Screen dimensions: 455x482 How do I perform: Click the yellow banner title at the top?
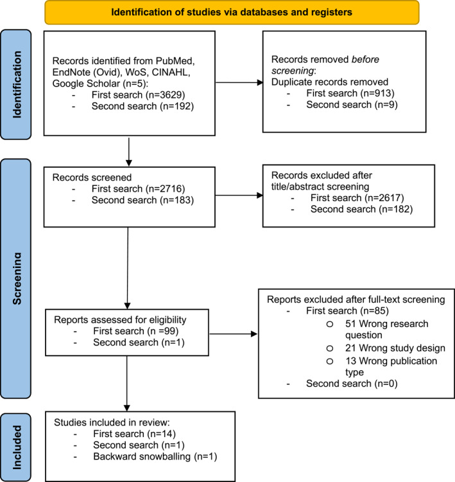(232, 12)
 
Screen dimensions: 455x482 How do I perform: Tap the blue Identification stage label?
(16, 85)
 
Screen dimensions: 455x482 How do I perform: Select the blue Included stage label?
(16, 447)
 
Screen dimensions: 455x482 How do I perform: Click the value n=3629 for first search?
(165, 94)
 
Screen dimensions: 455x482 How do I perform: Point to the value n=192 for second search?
(175, 106)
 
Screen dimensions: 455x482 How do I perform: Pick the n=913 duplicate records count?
(377, 93)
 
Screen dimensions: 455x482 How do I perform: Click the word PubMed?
(175, 61)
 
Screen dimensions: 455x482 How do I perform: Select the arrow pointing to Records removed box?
(239, 82)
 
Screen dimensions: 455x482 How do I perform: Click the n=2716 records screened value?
(165, 189)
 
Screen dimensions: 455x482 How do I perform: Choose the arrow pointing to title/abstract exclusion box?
(239, 195)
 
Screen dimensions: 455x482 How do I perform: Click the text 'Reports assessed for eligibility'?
(120, 320)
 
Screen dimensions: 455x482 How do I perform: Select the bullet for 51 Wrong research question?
(330, 324)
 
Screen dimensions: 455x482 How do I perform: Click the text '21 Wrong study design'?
(395, 348)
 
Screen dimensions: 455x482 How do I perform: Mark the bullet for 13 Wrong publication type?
(330, 361)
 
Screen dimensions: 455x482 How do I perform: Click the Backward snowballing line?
(155, 456)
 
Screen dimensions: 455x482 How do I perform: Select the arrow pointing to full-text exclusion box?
(234, 334)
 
